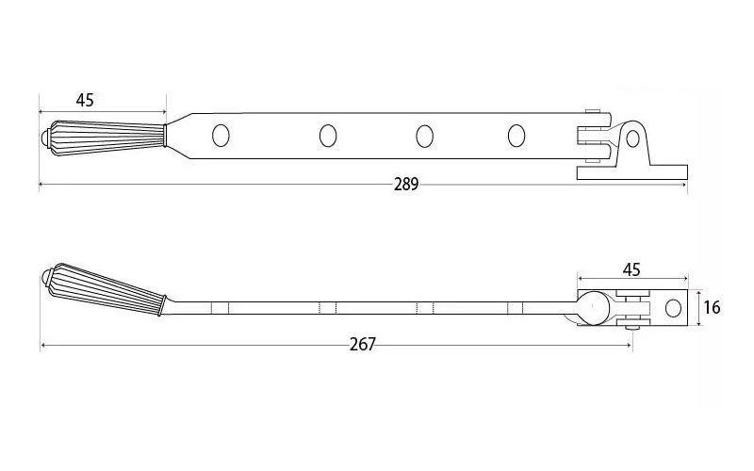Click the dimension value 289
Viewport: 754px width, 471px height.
[x=406, y=185]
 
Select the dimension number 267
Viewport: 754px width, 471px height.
[x=362, y=345]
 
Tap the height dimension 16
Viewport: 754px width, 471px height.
[x=712, y=308]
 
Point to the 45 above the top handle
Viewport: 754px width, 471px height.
[x=85, y=100]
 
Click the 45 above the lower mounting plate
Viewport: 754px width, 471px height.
[x=631, y=269]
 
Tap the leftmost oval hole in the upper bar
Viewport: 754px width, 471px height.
[x=221, y=136]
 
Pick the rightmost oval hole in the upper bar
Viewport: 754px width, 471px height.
[x=516, y=136]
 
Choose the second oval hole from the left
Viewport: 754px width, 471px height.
[x=327, y=136]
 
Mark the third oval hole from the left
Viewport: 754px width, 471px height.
[x=424, y=136]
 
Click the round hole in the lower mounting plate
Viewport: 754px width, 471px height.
[x=673, y=308]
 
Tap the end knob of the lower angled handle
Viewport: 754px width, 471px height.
[x=47, y=279]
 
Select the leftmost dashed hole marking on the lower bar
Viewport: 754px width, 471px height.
[x=220, y=308]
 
